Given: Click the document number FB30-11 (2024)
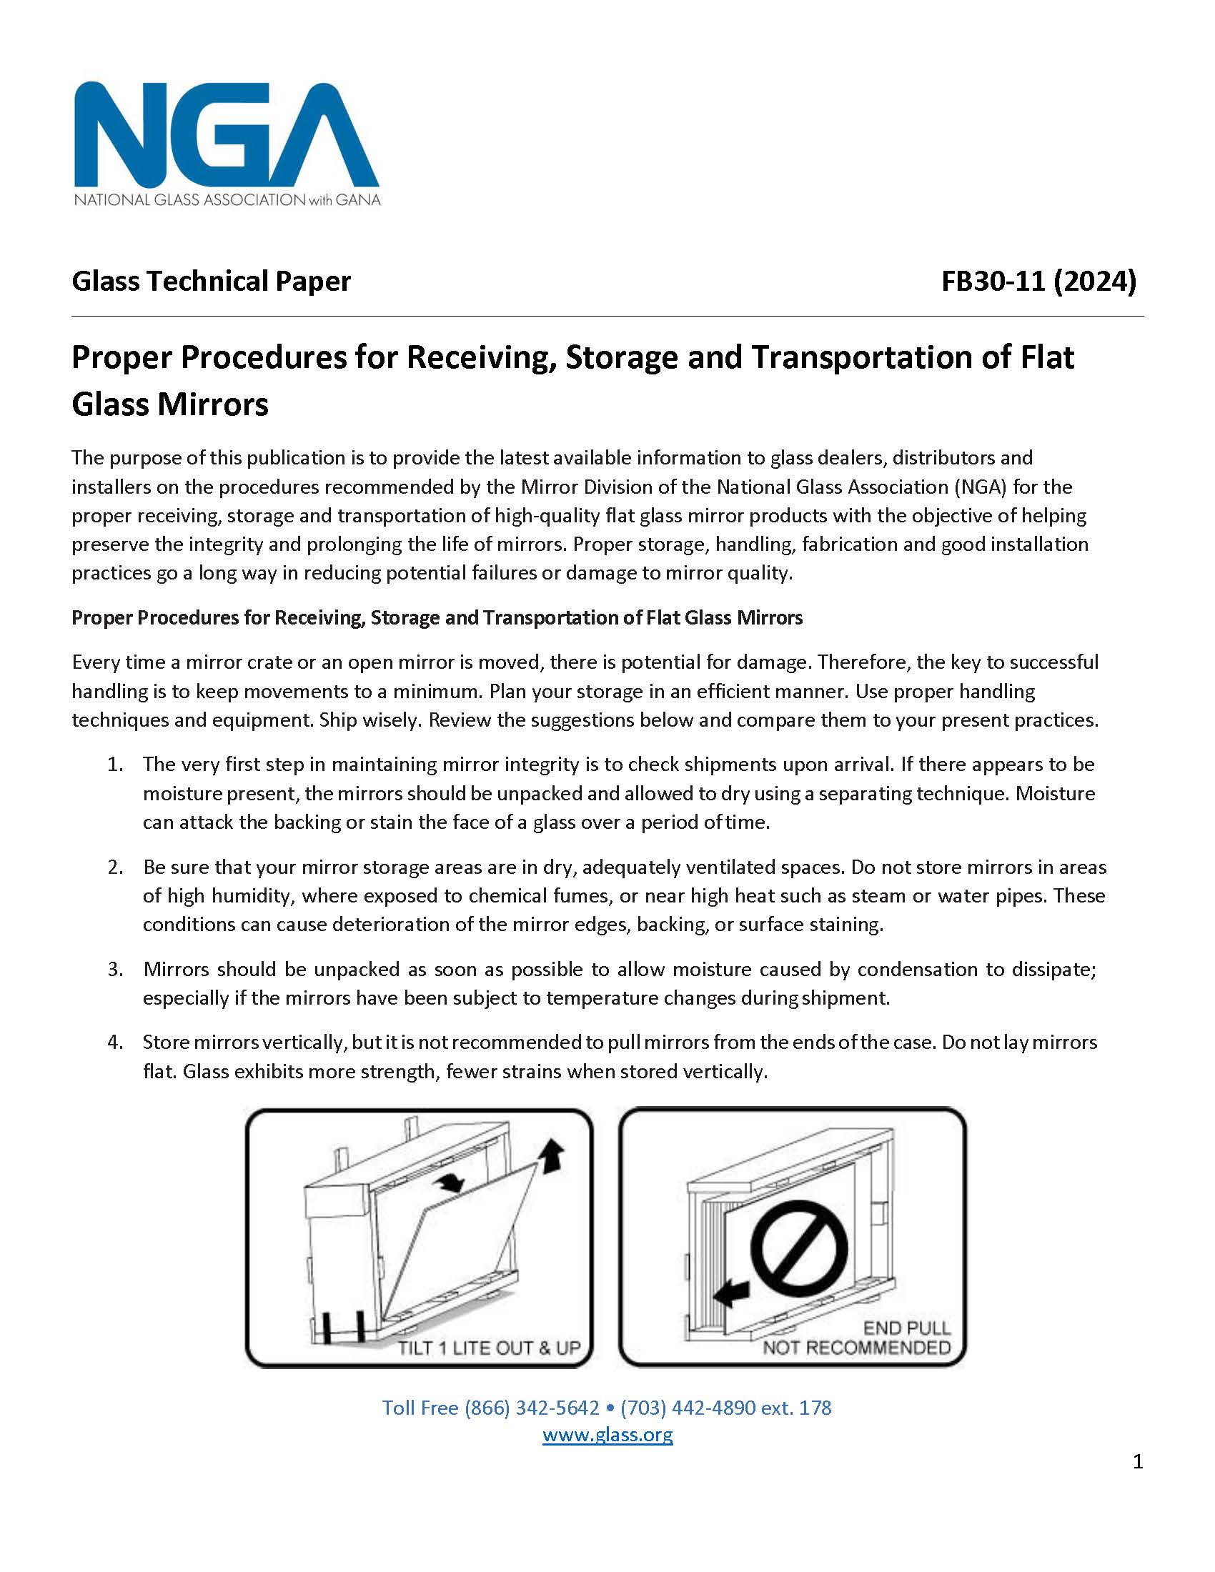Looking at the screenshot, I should pos(1038,282).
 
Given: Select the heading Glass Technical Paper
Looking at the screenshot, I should pos(211,282).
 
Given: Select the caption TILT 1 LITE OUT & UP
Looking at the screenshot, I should pos(490,1348).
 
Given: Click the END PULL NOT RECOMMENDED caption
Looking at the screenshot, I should pos(856,1338).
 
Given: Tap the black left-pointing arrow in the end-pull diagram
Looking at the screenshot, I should pos(733,1293).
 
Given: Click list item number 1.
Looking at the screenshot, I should pos(116,765).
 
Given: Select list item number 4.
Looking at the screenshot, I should pos(116,1043).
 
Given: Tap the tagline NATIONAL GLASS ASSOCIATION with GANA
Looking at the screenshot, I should pos(227,199).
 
